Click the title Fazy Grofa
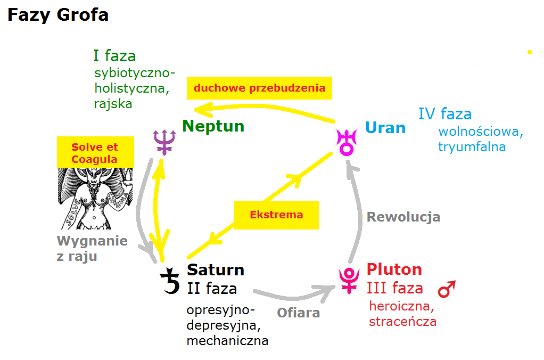[x=58, y=15]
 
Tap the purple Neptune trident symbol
[x=163, y=141]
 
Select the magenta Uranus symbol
[x=347, y=141]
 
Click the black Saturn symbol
[x=171, y=281]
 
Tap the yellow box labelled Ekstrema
[x=276, y=215]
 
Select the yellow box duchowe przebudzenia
[x=259, y=88]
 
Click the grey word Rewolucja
[x=403, y=217]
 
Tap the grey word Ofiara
[x=298, y=312]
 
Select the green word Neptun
[x=213, y=126]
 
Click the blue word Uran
[x=385, y=128]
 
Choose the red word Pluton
[x=394, y=269]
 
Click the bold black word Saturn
[x=216, y=269]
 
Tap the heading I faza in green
[x=114, y=56]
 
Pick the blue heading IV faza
[x=444, y=114]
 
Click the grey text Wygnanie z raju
[x=92, y=248]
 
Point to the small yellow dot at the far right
[x=530, y=52]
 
